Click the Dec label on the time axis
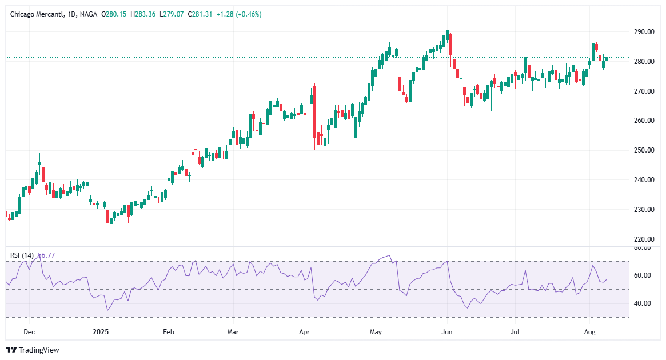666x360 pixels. (30, 331)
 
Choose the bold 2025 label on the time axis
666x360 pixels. (100, 331)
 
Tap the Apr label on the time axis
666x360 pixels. (304, 331)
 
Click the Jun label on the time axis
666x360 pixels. (447, 331)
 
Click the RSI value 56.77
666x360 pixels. (47, 255)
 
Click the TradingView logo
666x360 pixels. (33, 350)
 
